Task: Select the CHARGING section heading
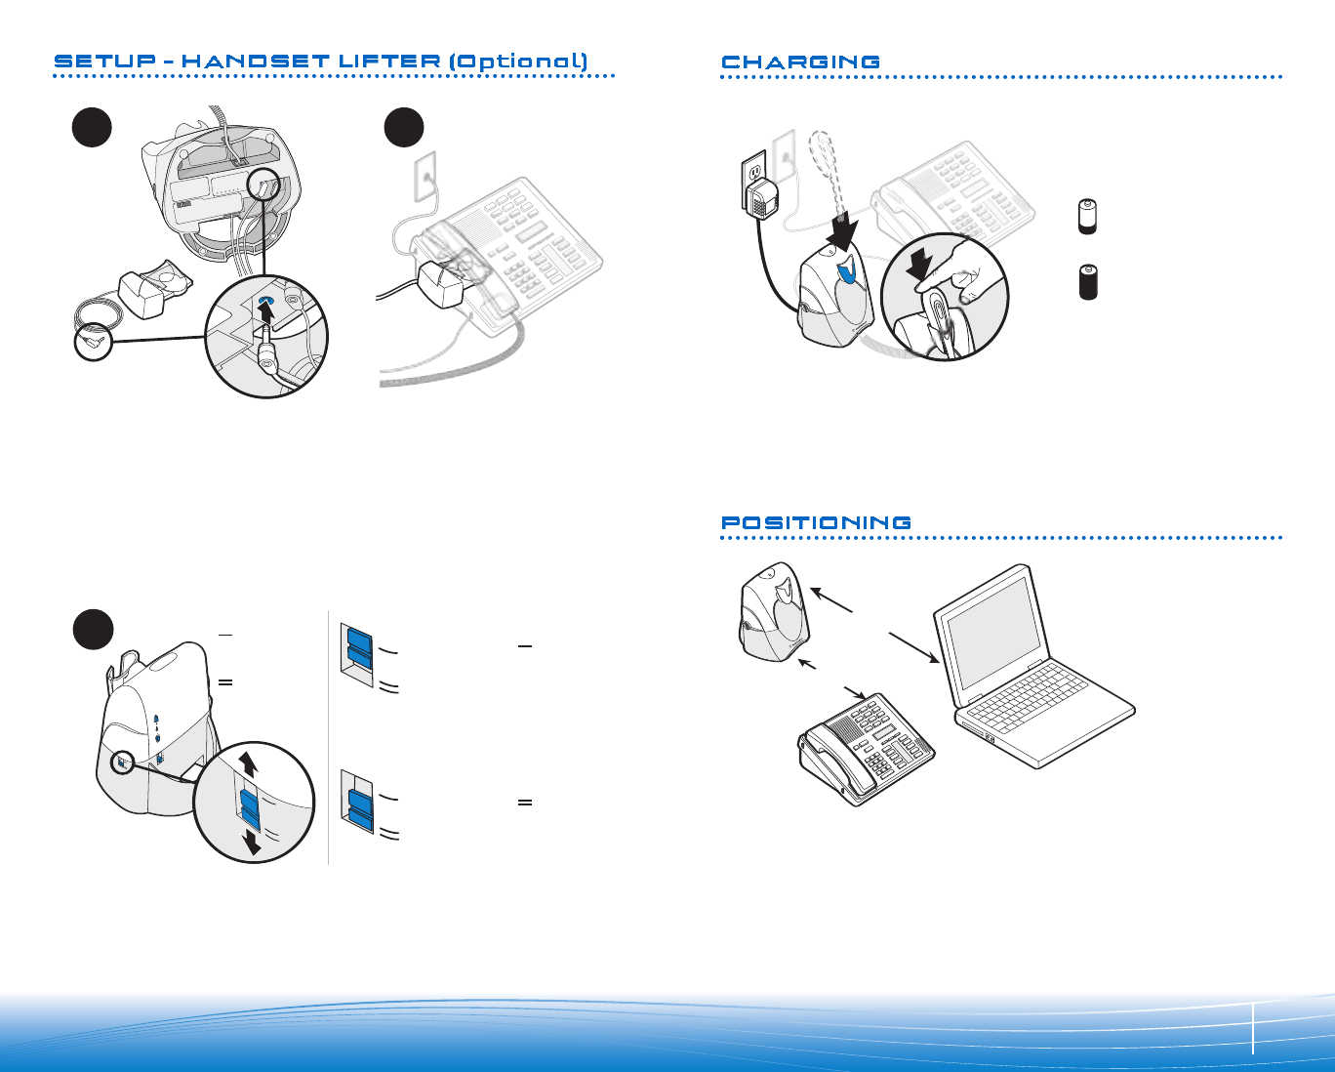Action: click(x=800, y=62)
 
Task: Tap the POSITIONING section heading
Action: click(x=816, y=523)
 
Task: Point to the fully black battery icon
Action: click(x=1088, y=280)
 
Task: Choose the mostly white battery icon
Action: click(x=1087, y=217)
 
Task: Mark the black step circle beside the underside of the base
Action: click(x=93, y=128)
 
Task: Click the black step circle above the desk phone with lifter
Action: click(x=403, y=128)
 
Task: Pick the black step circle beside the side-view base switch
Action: click(x=93, y=630)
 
